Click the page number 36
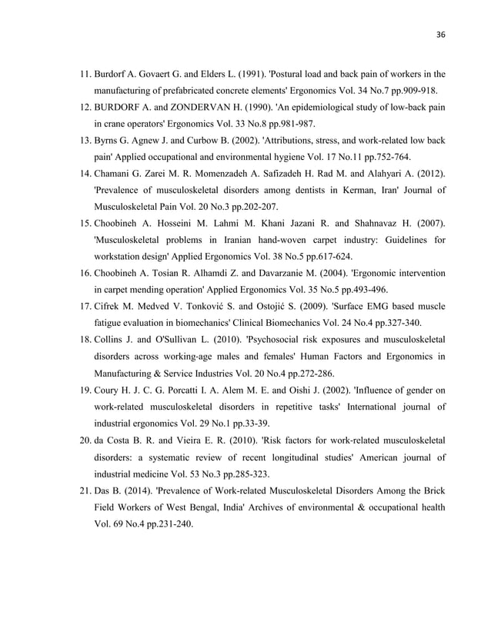[x=440, y=34]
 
